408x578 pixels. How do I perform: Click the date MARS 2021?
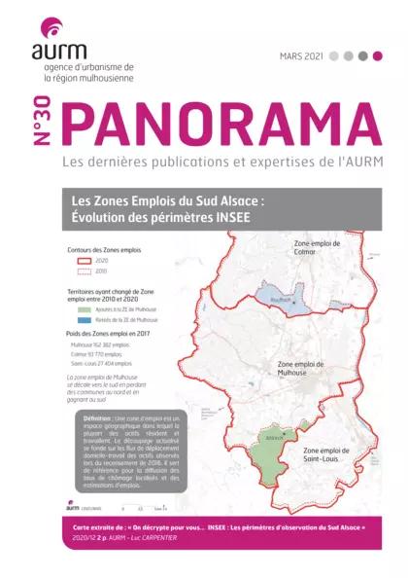pyautogui.click(x=300, y=56)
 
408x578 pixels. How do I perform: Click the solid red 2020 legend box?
pyautogui.click(x=81, y=262)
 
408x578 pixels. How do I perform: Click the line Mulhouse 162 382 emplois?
pyautogui.click(x=100, y=344)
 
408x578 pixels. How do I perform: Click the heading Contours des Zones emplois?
pyautogui.click(x=102, y=250)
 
